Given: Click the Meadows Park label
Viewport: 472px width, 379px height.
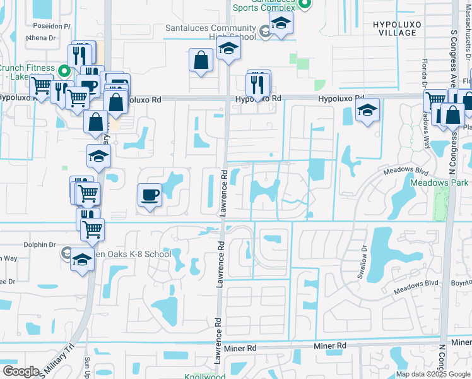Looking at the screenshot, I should [437, 182].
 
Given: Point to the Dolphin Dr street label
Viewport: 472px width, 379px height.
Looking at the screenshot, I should [40, 244].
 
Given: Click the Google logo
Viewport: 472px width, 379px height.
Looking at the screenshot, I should [21, 371].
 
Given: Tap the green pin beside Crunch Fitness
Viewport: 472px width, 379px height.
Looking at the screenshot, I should [64, 71].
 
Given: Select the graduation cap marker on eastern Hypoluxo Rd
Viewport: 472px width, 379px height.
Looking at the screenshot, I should [367, 110].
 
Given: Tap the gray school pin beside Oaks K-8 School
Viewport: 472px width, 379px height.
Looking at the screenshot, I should [66, 254].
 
